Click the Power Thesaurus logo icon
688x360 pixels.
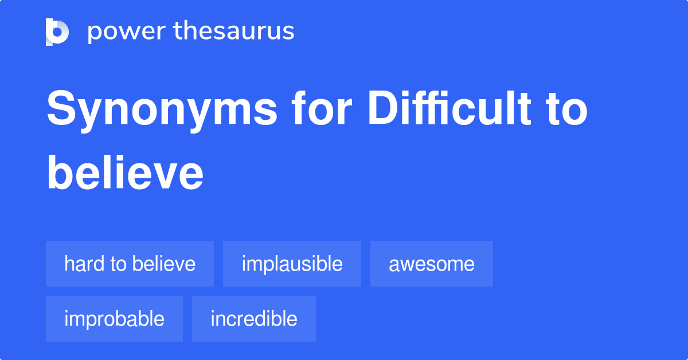(57, 32)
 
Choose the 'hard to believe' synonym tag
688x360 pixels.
(130, 264)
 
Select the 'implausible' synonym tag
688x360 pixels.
(292, 264)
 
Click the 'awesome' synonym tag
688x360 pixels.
(431, 264)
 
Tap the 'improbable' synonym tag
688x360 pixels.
(114, 319)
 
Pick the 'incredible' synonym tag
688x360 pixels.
(253, 319)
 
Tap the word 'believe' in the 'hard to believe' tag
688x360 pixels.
(164, 264)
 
